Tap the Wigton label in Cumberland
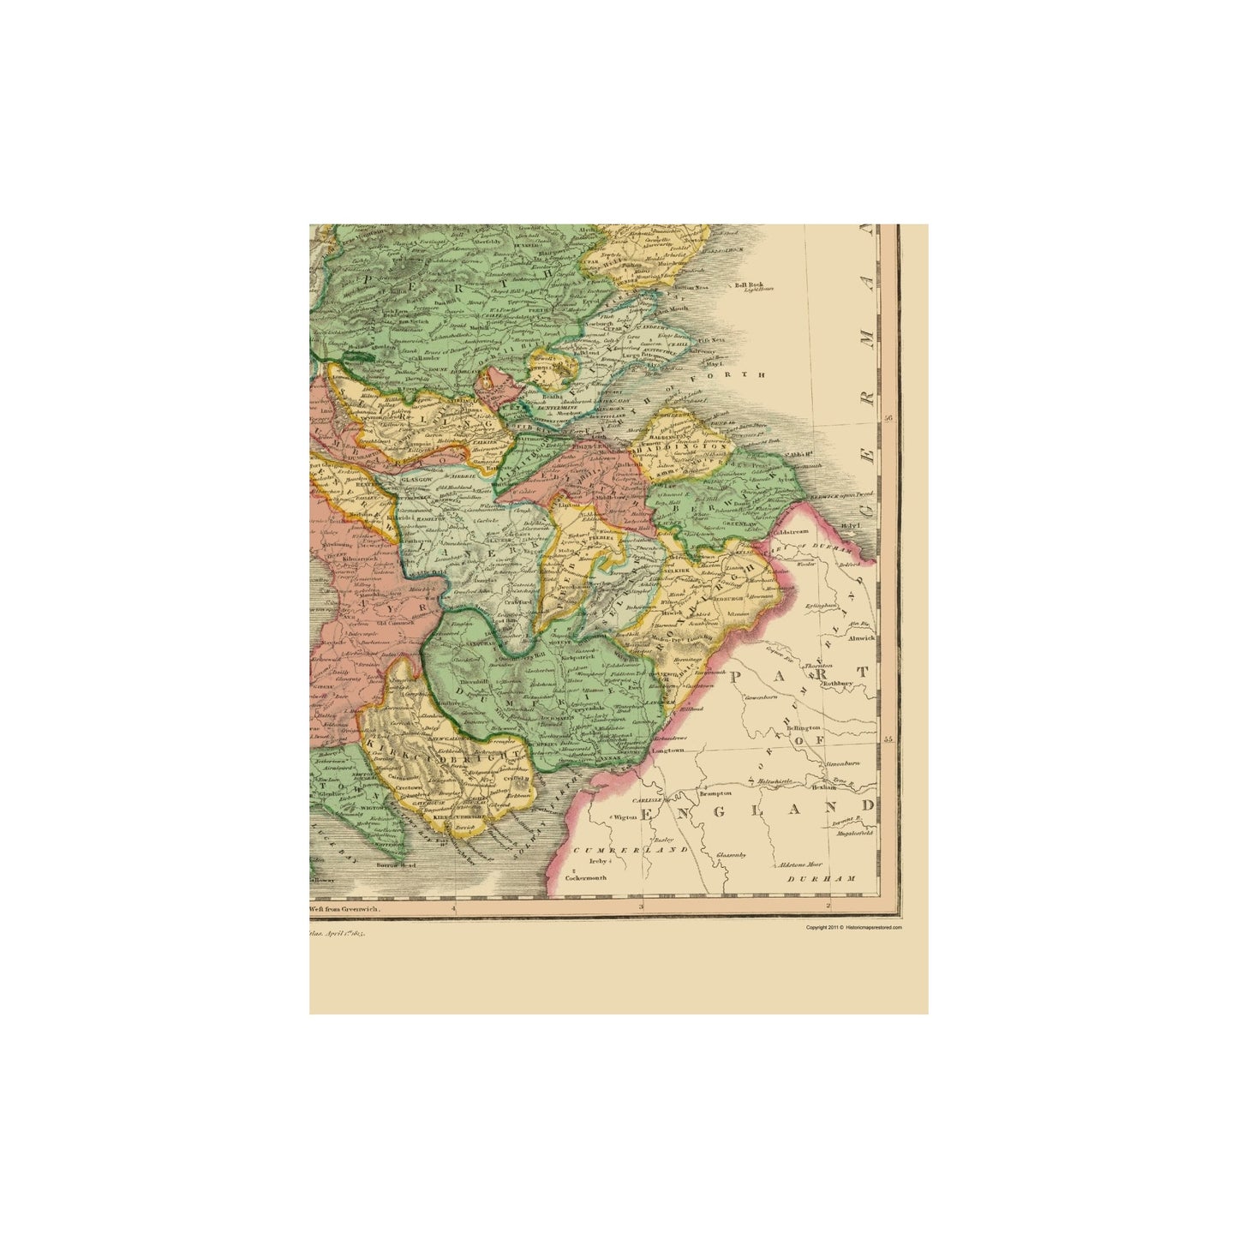pyautogui.click(x=626, y=817)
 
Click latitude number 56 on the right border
pyautogui.click(x=888, y=419)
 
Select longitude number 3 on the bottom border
pyautogui.click(x=641, y=906)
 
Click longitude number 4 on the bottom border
pyautogui.click(x=454, y=906)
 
